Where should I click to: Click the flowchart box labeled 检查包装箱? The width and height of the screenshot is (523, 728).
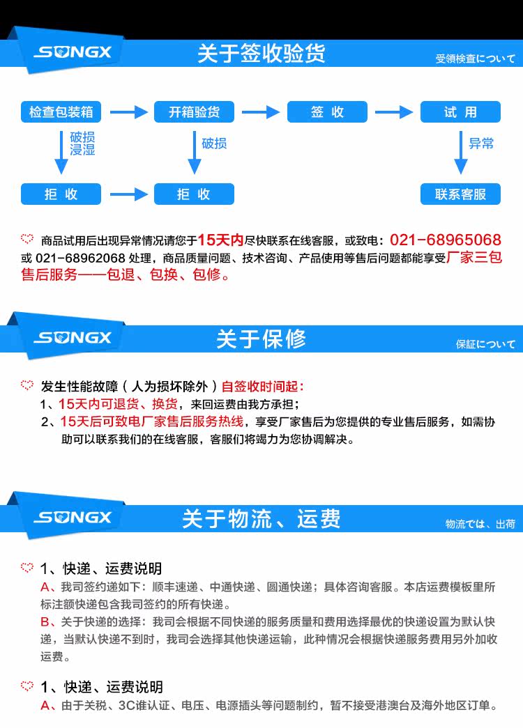point(61,112)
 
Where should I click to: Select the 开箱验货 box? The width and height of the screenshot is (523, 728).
point(194,112)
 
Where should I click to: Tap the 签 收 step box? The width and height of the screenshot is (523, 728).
point(327,112)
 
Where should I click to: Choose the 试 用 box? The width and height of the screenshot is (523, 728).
point(460,112)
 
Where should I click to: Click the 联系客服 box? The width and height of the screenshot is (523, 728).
point(460,194)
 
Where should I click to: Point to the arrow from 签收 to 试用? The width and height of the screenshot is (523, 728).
point(394,112)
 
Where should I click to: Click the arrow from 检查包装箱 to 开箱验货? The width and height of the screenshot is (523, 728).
point(127,112)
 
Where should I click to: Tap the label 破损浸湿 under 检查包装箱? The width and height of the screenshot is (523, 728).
point(82,144)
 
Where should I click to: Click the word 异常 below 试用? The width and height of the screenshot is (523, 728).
point(481,144)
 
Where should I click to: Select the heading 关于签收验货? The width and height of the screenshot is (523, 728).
point(261,54)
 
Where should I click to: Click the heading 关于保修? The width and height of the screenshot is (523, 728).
point(261,339)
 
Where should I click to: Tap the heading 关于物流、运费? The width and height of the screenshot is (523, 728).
point(261,519)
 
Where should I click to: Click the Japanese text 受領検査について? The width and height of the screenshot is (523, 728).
point(476,59)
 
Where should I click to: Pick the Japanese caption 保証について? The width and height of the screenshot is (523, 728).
point(486,344)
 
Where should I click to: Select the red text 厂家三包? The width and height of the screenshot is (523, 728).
point(473,258)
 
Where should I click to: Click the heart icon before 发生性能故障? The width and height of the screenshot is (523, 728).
point(27,385)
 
